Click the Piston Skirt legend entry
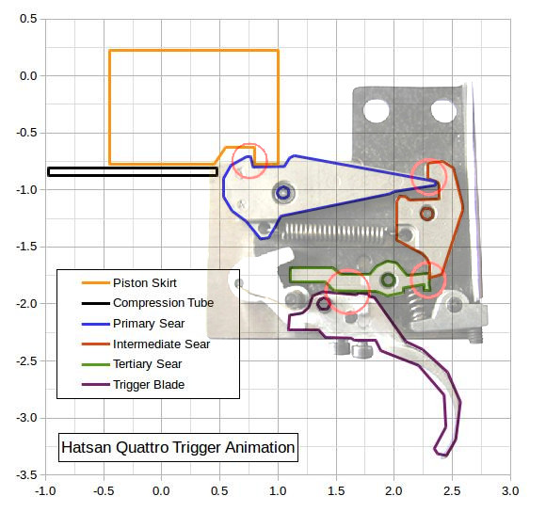click(x=145, y=283)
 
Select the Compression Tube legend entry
click(x=163, y=303)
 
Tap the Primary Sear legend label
click(x=149, y=324)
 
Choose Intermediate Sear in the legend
click(x=162, y=344)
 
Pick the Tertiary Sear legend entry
click(x=147, y=364)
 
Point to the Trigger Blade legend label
click(x=149, y=385)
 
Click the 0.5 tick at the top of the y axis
click(x=28, y=19)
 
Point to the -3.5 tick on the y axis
click(x=26, y=474)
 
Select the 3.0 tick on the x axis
click(x=510, y=491)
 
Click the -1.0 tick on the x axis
click(x=45, y=491)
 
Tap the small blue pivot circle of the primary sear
click(x=283, y=193)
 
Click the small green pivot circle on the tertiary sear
click(x=388, y=280)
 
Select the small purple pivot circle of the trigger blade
click(x=324, y=304)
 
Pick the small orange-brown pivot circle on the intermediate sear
click(x=427, y=214)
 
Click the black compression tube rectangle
click(x=133, y=171)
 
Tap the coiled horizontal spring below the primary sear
click(x=334, y=232)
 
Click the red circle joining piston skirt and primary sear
click(x=249, y=161)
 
